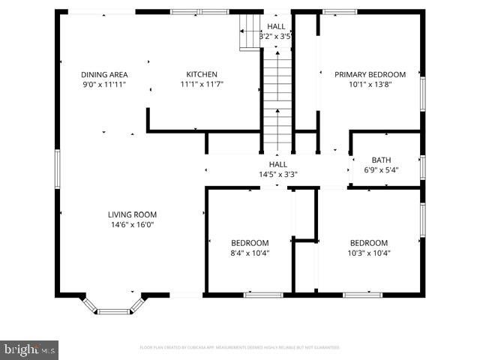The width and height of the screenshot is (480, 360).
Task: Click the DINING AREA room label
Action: click(104, 74)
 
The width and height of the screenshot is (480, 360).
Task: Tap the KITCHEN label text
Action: click(202, 74)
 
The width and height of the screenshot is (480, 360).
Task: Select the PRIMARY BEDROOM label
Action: click(370, 74)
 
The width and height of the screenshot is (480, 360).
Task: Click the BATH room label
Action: click(381, 160)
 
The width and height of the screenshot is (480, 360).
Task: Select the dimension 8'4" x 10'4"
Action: click(250, 253)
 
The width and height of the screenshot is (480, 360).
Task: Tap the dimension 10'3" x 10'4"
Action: click(369, 253)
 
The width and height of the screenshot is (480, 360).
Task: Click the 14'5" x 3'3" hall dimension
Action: click(277, 175)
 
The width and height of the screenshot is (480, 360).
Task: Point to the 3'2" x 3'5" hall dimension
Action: click(275, 36)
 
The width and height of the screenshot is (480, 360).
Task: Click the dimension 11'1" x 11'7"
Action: click(202, 85)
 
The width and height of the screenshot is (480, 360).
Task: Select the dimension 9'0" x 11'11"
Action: click(104, 85)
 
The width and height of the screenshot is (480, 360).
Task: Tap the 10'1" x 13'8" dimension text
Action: click(370, 85)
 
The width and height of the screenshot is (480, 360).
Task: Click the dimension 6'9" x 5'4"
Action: click(381, 170)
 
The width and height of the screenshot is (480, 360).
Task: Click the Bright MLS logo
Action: click(30, 349)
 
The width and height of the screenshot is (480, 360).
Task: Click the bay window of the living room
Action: click(113, 306)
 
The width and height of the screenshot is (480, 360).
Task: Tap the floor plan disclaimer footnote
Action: click(240, 347)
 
